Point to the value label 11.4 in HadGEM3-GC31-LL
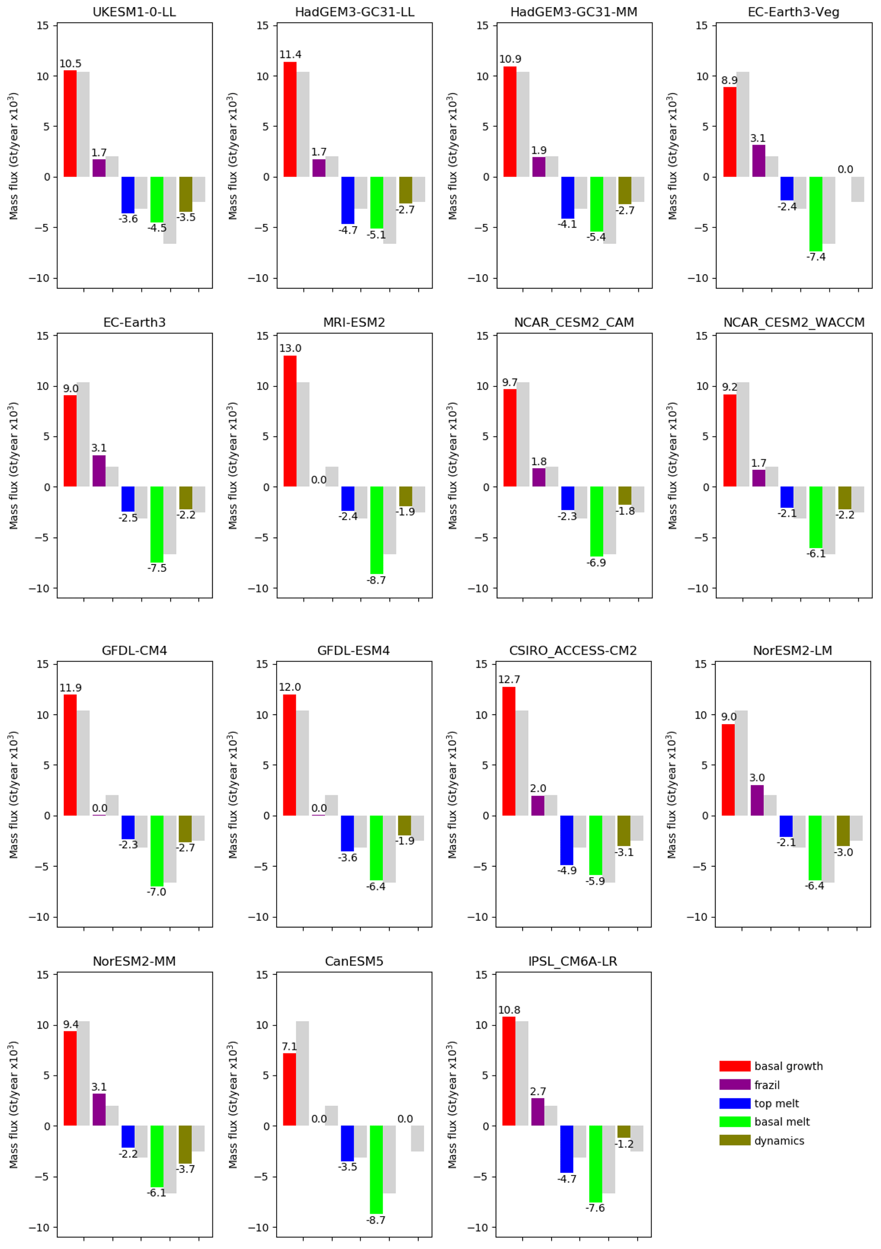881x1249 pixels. click(x=290, y=55)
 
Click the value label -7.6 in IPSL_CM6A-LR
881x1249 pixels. click(x=595, y=1208)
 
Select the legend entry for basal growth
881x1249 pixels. click(x=788, y=1066)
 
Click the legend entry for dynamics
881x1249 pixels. click(x=779, y=1141)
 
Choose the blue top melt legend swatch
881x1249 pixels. click(x=734, y=1103)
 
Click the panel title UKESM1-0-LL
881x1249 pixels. click(x=134, y=12)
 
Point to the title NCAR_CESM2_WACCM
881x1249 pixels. click(x=794, y=323)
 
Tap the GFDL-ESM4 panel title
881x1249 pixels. click(x=353, y=651)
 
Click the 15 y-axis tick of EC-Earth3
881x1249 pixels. click(x=43, y=336)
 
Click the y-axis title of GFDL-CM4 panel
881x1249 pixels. click(x=14, y=795)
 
